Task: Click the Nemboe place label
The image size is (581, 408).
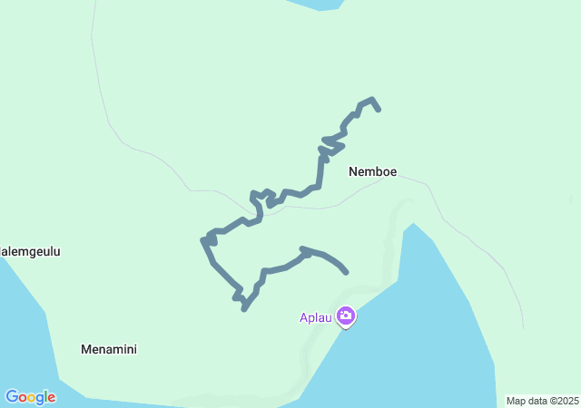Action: click(x=372, y=170)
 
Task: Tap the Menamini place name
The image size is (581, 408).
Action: click(x=109, y=349)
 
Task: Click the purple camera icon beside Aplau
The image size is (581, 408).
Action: click(x=345, y=316)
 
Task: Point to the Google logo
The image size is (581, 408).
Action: click(x=30, y=397)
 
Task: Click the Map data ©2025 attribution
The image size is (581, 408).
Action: click(x=542, y=401)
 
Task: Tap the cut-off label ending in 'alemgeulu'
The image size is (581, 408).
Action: click(x=30, y=252)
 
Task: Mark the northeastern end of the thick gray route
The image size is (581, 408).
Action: click(x=379, y=110)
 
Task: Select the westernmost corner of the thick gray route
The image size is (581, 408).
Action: click(x=202, y=240)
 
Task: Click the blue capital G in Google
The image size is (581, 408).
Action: click(x=12, y=397)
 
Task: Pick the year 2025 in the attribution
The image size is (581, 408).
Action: click(x=567, y=401)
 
